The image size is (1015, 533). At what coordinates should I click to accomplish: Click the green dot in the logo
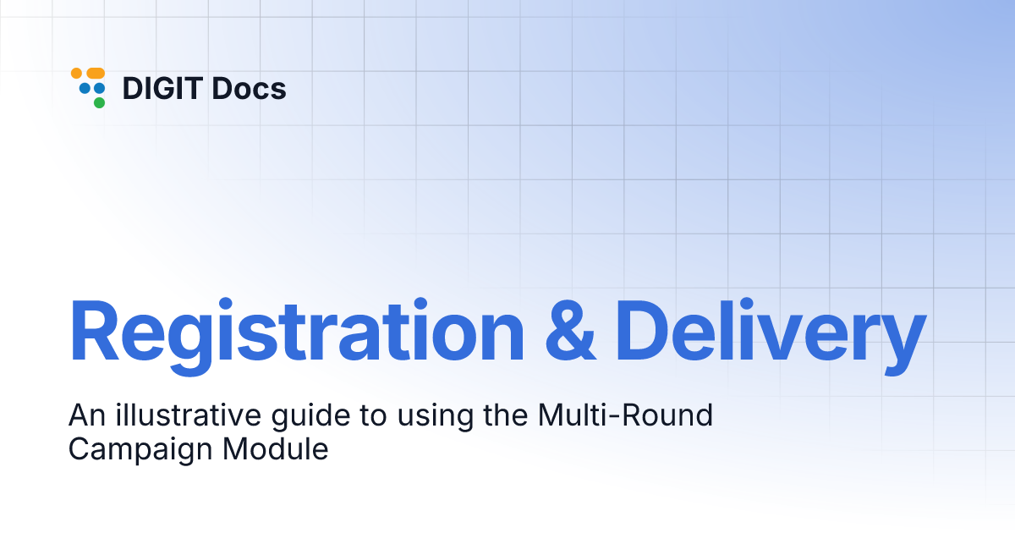(99, 102)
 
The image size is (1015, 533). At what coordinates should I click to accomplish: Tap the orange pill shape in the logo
(96, 74)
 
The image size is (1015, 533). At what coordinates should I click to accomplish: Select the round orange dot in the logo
(76, 74)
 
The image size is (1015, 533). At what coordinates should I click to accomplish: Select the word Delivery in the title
(770, 332)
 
